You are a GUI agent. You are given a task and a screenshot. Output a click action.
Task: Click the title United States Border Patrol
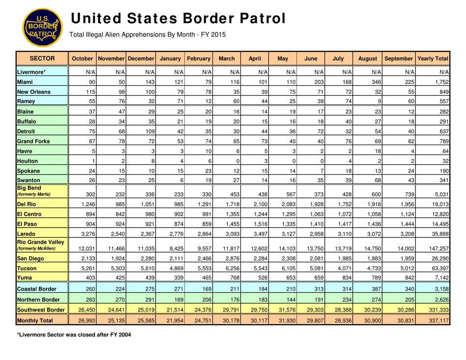178,18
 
